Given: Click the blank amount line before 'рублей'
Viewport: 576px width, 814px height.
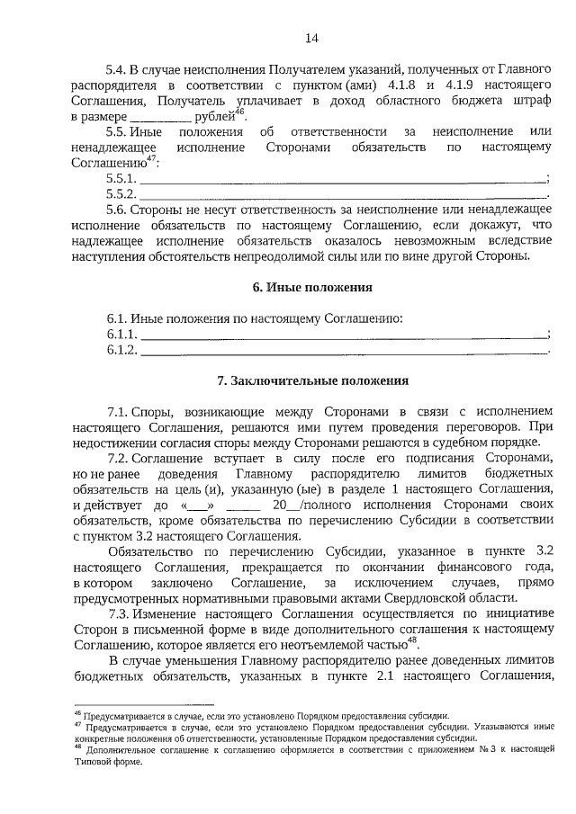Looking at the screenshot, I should point(160,117).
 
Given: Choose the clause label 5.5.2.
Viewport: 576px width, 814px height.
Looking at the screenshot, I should point(121,194).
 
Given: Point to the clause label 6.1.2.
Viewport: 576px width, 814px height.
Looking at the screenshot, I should point(121,350).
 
